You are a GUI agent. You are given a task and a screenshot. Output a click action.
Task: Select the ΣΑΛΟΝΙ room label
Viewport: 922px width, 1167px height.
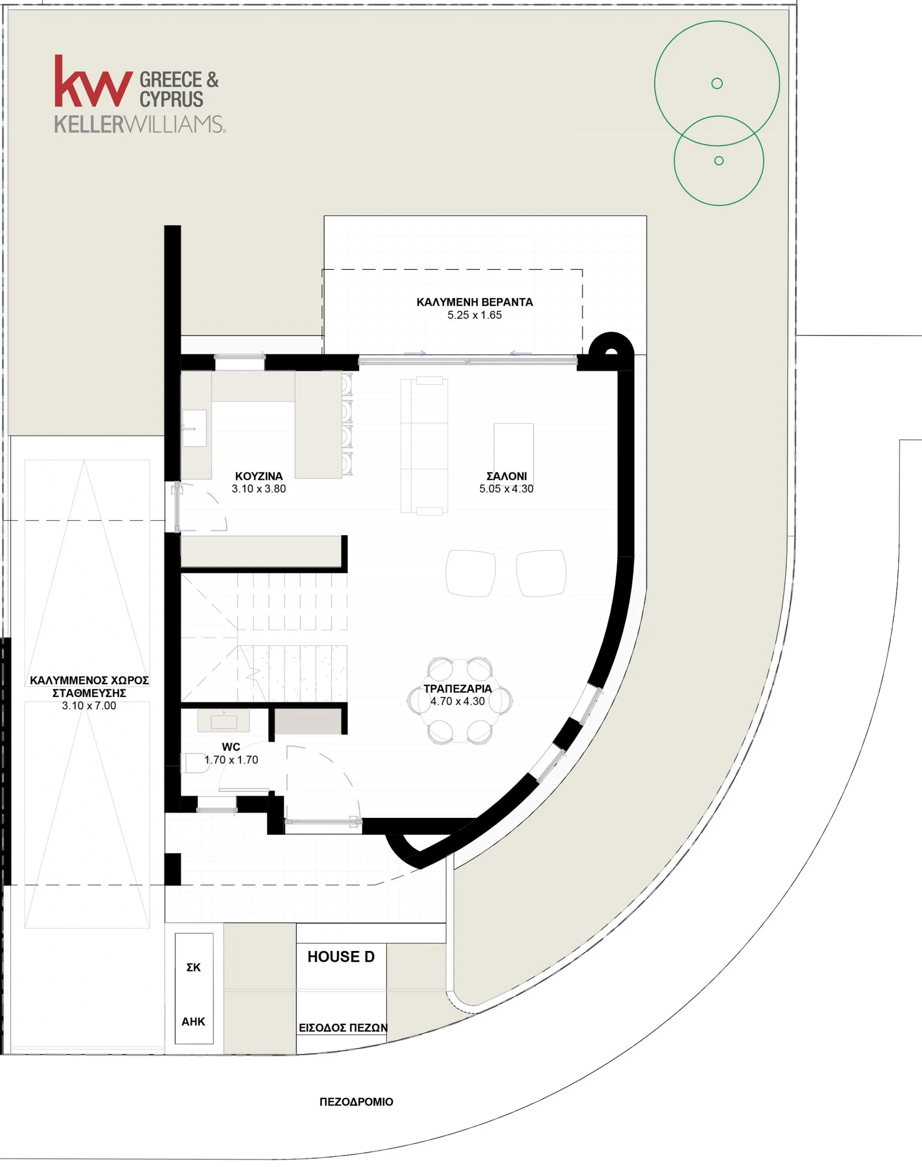click(x=506, y=476)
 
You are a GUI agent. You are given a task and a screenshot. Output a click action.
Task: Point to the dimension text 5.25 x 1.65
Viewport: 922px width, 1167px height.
click(x=474, y=315)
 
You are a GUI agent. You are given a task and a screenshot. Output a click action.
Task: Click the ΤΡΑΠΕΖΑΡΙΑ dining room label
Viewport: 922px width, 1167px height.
click(x=458, y=689)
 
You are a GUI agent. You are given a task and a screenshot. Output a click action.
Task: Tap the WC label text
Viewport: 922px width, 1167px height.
click(x=231, y=747)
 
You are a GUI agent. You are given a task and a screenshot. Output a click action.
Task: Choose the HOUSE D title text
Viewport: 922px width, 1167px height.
click(x=341, y=957)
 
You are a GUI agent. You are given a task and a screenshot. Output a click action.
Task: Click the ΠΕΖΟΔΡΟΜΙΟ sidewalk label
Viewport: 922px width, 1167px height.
click(x=356, y=1102)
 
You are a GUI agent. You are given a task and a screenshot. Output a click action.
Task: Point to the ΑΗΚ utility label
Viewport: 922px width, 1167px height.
click(x=193, y=1022)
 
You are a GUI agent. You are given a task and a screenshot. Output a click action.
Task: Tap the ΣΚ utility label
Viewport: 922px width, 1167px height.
click(x=193, y=968)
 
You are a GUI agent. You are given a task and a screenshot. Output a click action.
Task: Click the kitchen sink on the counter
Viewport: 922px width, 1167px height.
click(x=194, y=428)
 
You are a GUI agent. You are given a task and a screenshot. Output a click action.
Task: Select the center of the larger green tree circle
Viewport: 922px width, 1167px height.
click(x=717, y=83)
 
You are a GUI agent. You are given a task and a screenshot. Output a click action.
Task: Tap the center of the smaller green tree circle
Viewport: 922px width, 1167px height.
click(x=718, y=160)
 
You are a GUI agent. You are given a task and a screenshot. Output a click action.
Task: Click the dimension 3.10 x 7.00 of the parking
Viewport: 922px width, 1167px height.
click(x=89, y=706)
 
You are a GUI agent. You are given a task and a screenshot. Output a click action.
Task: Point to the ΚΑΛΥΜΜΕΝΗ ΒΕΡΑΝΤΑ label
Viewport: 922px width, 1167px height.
click(x=474, y=302)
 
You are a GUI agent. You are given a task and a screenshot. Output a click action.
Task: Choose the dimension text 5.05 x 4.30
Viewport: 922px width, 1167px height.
click(x=506, y=489)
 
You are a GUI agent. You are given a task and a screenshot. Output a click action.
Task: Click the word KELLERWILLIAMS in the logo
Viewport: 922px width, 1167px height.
click(x=140, y=125)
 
